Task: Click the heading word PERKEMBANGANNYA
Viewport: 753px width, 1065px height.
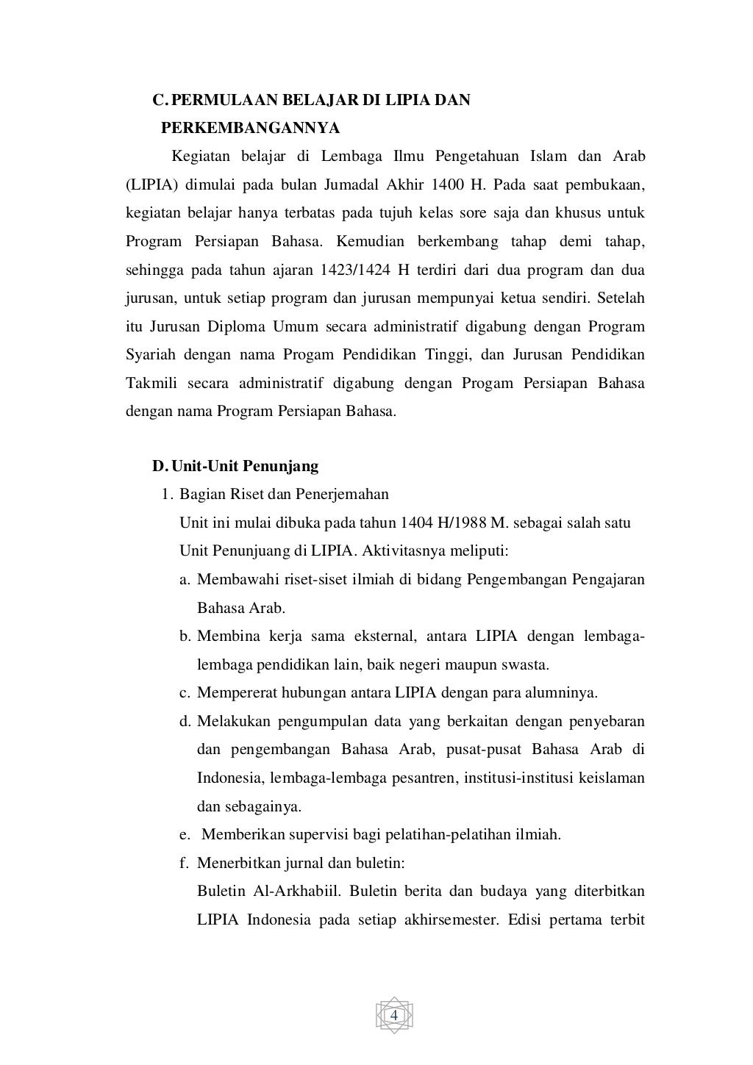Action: click(x=250, y=129)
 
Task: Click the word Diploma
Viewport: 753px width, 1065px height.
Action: click(x=220, y=326)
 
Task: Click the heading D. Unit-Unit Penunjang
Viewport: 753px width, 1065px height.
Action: click(x=235, y=466)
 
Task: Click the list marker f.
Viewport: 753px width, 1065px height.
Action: click(x=184, y=863)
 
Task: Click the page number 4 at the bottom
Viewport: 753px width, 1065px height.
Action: click(x=393, y=1016)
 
